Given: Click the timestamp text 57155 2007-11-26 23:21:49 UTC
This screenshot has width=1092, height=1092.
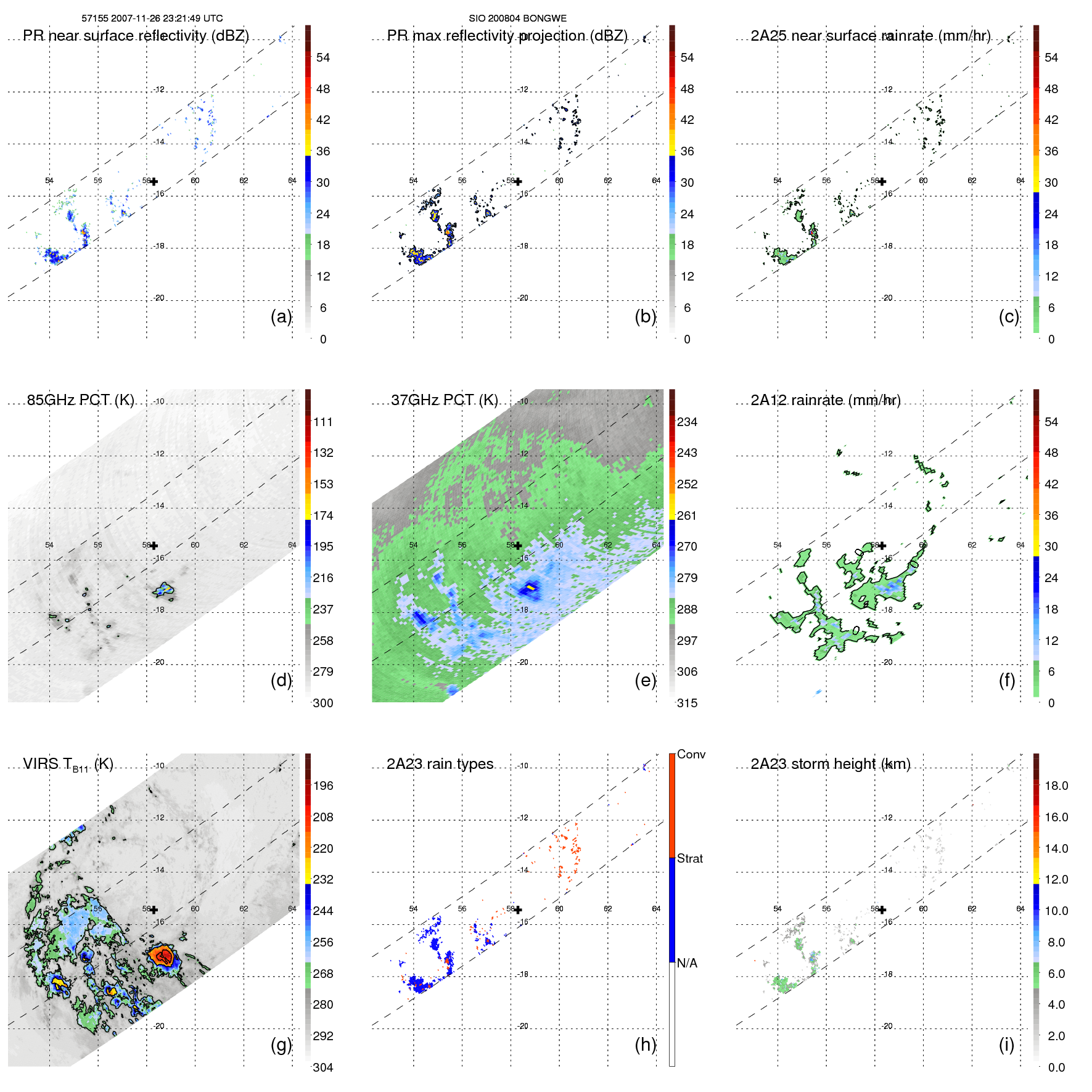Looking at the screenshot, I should [x=152, y=18].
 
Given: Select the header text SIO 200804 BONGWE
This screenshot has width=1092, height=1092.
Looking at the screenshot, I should [x=517, y=18].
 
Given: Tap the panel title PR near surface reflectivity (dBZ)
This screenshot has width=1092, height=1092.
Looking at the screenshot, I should [x=136, y=36].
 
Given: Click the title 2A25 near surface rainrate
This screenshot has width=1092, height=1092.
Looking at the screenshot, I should [x=870, y=36].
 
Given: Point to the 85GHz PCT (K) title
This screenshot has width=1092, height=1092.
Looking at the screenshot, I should [x=80, y=400].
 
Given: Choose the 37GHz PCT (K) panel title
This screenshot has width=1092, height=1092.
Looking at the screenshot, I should [x=444, y=400].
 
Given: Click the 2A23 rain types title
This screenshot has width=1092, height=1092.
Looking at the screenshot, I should [x=440, y=764].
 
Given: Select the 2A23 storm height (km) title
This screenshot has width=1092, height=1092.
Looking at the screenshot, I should [x=830, y=764].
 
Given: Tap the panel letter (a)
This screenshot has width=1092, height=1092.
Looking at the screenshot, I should [x=281, y=316].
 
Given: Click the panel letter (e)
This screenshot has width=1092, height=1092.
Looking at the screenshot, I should [x=645, y=680].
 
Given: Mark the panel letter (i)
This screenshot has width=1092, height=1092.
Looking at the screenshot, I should [x=1006, y=1045].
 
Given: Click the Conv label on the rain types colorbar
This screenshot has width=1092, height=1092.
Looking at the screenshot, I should [x=691, y=754].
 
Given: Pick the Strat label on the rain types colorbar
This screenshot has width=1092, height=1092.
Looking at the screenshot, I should [x=689, y=858].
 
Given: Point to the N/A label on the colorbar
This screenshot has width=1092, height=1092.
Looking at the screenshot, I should [x=687, y=963].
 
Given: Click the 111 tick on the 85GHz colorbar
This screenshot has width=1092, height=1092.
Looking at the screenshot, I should [x=322, y=422].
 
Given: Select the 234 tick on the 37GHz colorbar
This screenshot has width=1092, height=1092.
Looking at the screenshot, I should [x=687, y=422].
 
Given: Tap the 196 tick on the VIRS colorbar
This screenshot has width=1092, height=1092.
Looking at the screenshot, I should [x=322, y=786].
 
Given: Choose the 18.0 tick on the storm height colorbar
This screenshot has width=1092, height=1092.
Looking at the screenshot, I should [x=1056, y=786].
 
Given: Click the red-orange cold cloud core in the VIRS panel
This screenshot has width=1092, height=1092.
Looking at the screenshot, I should [x=163, y=955].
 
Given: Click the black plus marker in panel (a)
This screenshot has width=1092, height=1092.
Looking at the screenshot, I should [x=154, y=181].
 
